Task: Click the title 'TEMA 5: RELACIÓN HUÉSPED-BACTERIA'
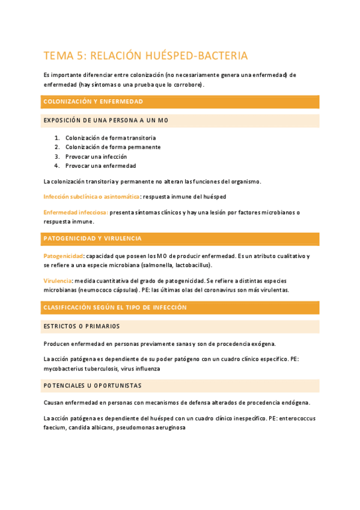click(145, 56)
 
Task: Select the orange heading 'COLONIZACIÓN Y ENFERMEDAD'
click(93, 102)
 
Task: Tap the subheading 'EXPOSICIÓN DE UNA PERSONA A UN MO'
click(106, 120)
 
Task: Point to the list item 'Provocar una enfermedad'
click(100, 165)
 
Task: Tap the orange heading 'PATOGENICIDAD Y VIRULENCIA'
click(93, 239)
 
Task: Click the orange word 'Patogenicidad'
click(63, 256)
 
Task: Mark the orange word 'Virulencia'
click(58, 281)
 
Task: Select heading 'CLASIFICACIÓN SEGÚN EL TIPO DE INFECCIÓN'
click(115, 307)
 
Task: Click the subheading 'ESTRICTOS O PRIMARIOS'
click(82, 326)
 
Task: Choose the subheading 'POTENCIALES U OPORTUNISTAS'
click(93, 385)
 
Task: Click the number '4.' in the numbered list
click(56, 165)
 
